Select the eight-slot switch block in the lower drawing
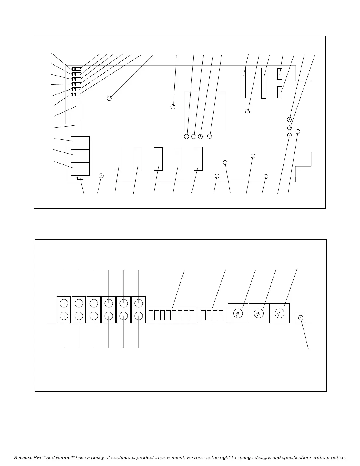171,315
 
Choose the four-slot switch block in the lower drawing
212,315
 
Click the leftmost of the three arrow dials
238,314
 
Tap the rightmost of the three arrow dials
279,314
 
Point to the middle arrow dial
259,314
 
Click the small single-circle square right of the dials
301,318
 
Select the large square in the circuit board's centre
204,111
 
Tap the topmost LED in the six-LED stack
76,69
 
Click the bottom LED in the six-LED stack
76,94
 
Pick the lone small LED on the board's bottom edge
79,178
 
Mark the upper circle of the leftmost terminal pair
64,303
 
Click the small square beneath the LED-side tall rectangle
76,126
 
